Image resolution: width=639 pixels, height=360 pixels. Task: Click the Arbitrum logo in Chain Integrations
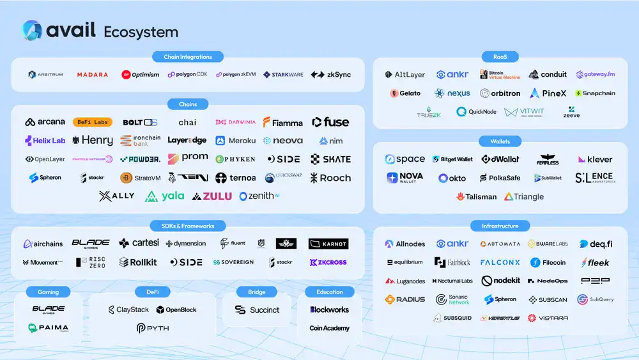(x=45, y=75)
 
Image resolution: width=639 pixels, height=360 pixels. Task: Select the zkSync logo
(x=331, y=75)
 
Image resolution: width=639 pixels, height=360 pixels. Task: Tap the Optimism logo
(x=141, y=75)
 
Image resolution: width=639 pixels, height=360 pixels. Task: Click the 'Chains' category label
(x=188, y=104)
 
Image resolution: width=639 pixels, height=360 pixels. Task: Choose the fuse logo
(x=331, y=122)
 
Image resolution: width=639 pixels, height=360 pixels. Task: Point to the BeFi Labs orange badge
(x=93, y=122)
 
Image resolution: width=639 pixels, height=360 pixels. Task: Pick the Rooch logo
(x=331, y=178)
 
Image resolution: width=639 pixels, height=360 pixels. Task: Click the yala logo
(x=165, y=196)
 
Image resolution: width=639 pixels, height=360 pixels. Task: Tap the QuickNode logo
(x=476, y=112)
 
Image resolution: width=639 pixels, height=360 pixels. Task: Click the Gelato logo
(x=405, y=93)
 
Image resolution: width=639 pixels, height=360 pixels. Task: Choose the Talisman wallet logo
(x=477, y=197)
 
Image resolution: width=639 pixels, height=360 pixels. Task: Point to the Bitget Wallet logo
(x=453, y=159)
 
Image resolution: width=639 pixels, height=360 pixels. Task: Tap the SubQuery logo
(x=596, y=299)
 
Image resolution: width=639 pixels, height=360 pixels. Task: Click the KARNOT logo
(x=328, y=244)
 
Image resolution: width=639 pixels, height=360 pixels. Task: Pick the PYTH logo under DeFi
(x=152, y=328)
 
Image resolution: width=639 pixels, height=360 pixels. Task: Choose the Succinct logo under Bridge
(x=257, y=309)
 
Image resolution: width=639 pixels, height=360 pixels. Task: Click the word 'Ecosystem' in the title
(x=141, y=32)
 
